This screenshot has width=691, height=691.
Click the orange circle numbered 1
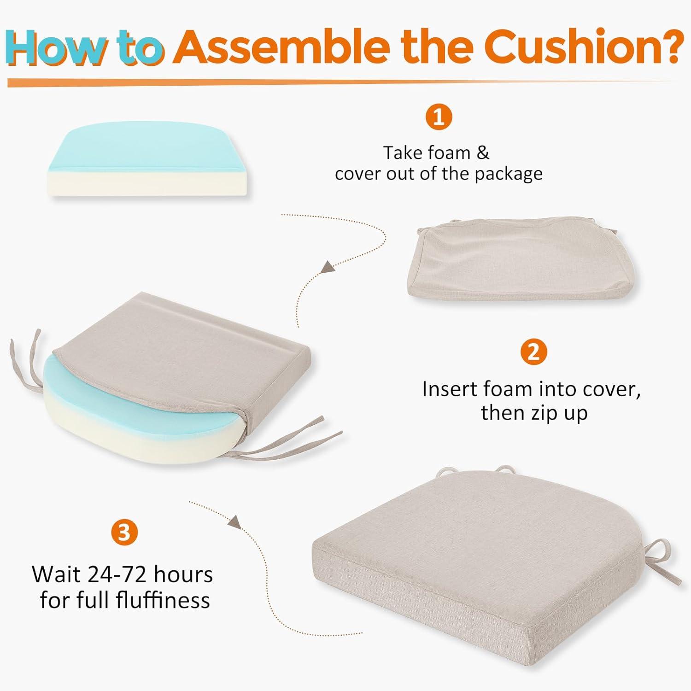pyautogui.click(x=439, y=117)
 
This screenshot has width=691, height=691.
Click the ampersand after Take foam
pyautogui.click(x=482, y=153)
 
